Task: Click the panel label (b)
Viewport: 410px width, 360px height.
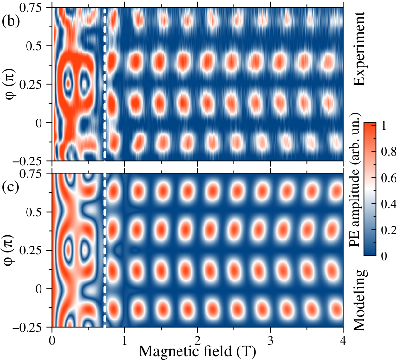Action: point(11,21)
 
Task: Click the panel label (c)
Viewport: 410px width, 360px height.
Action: point(11,187)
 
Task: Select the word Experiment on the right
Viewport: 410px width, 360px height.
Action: point(359,49)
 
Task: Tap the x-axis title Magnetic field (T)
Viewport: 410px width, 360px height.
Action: point(197,351)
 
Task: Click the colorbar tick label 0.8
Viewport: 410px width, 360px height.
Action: point(389,152)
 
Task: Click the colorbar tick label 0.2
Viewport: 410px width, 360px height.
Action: point(389,230)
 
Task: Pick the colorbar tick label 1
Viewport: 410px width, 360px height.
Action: point(383,126)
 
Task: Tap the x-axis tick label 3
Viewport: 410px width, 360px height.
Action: point(270,340)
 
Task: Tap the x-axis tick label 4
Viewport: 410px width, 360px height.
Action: point(343,340)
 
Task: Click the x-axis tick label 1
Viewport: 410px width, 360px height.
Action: point(124,340)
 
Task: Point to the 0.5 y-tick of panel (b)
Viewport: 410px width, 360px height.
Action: point(34,46)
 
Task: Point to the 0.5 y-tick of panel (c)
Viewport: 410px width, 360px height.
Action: point(34,212)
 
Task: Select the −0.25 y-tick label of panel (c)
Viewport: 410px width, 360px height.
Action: point(27,327)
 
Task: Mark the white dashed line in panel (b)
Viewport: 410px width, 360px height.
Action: point(105,84)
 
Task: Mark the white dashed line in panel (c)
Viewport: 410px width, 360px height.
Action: point(105,250)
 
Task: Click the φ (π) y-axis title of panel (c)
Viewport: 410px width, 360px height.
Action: point(10,250)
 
